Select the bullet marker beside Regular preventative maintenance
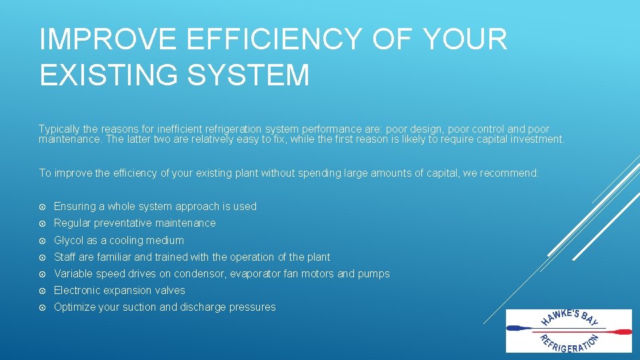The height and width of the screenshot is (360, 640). pyautogui.click(x=43, y=223)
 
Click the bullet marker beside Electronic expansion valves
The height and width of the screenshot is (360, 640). pyautogui.click(x=43, y=291)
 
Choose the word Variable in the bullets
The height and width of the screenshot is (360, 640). pyautogui.click(x=74, y=273)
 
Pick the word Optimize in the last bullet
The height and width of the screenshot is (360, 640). pyautogui.click(x=75, y=307)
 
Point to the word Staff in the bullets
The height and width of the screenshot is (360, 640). pyautogui.click(x=65, y=257)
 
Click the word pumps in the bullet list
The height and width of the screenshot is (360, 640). pyautogui.click(x=374, y=274)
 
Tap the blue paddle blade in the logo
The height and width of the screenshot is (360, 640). pyautogui.click(x=517, y=328)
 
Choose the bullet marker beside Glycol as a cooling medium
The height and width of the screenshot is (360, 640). pyautogui.click(x=43, y=240)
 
